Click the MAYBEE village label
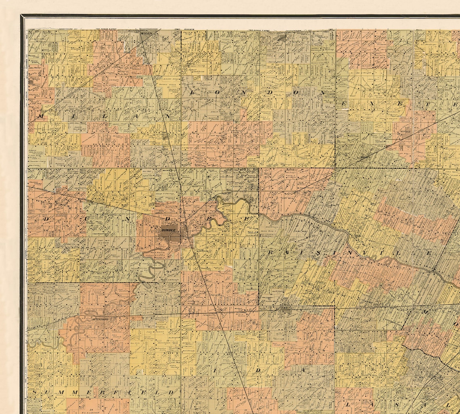click(366, 158)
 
